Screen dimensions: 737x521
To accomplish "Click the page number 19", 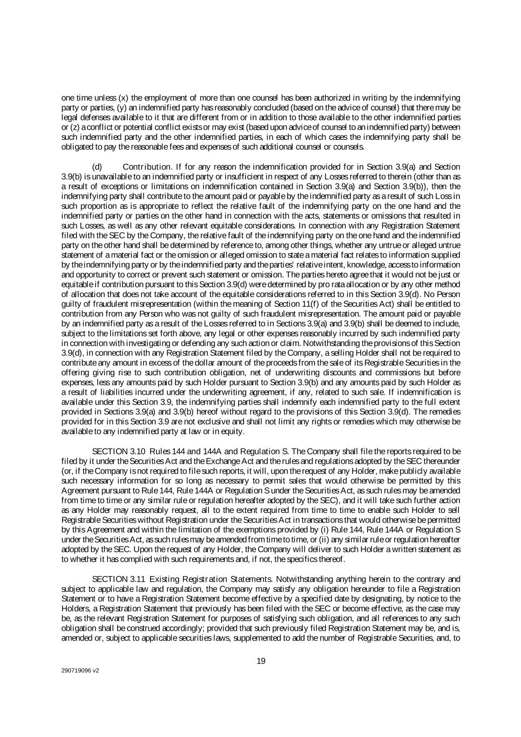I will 261,661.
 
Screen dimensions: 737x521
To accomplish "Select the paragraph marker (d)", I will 97,167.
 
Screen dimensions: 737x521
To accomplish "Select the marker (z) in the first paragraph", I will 70,127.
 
